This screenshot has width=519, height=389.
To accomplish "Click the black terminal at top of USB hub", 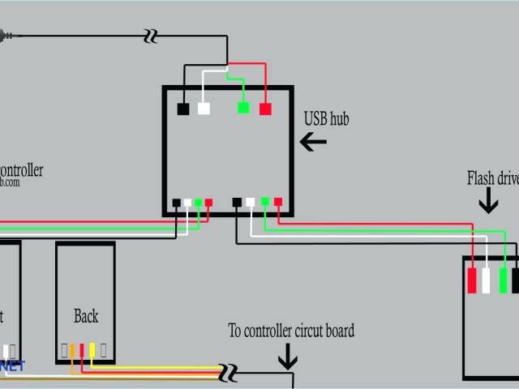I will [x=183, y=109].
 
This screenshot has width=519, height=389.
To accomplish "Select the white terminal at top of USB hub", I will [x=204, y=109].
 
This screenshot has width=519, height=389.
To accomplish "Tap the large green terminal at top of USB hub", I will [x=243, y=108].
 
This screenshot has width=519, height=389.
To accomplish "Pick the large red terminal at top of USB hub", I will [x=265, y=109].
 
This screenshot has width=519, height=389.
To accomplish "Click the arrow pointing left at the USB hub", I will [x=313, y=142].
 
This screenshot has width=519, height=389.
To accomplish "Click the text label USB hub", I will [x=326, y=119].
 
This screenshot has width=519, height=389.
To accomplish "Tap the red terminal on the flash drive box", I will [x=473, y=280].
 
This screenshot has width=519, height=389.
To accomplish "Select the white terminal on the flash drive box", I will [x=487, y=280].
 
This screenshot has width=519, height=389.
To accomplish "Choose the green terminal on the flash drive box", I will [x=503, y=280].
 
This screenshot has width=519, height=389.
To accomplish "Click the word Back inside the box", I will [x=86, y=316].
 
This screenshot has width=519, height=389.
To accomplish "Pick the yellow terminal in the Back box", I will [x=92, y=350].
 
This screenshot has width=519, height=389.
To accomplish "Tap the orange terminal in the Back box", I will [x=72, y=350].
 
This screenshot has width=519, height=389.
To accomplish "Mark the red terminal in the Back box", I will [x=82, y=350].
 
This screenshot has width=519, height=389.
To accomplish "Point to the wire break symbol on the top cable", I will [x=150, y=36].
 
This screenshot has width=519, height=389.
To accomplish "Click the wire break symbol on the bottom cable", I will [x=229, y=372].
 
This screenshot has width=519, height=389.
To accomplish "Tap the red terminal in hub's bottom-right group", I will [x=278, y=202].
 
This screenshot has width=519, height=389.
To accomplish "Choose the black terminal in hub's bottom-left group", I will [x=176, y=203].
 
